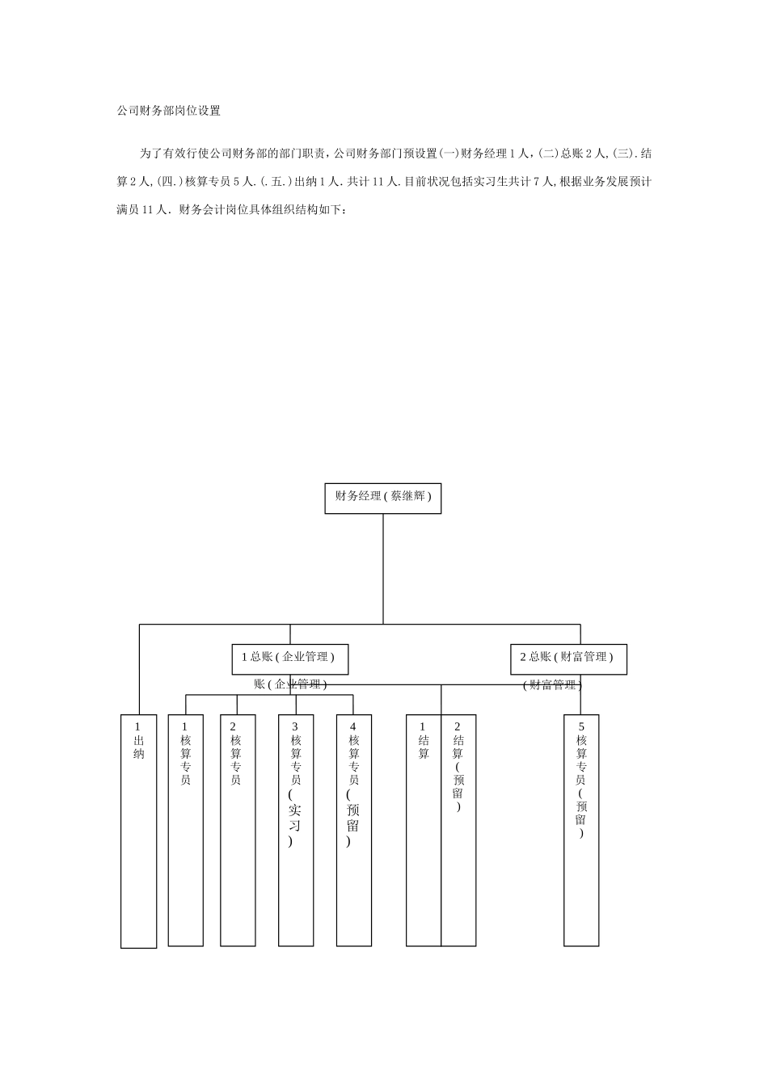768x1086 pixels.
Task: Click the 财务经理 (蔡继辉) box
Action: point(383,498)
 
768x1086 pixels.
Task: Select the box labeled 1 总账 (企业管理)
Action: point(289,658)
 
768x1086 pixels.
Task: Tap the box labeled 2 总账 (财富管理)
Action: point(568,658)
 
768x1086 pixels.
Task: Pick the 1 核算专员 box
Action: point(186,830)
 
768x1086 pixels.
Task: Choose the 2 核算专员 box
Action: point(238,830)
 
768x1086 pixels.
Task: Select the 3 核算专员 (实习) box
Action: point(296,830)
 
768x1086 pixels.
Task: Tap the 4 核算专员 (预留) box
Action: point(354,830)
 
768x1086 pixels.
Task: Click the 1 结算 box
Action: point(424,830)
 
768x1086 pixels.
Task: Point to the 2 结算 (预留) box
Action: point(458,830)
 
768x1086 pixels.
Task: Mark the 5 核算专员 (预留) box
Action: point(581,830)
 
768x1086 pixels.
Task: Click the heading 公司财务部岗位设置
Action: point(168,111)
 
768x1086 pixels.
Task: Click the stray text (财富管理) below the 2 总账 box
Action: point(552,685)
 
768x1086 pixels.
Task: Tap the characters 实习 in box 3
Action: point(295,817)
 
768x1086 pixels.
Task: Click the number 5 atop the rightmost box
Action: point(581,726)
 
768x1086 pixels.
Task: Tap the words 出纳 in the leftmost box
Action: point(138,747)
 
